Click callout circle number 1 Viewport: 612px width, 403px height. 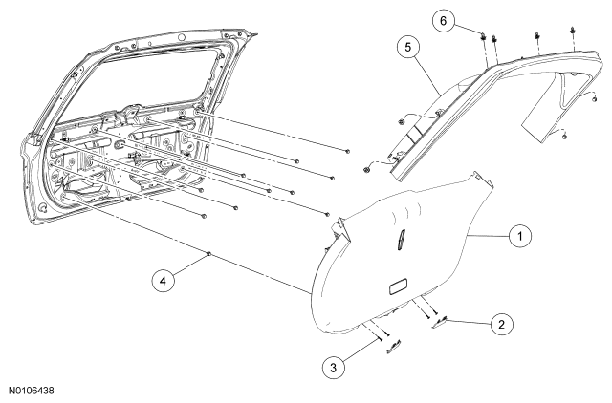coord(520,236)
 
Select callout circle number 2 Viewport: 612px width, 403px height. coord(501,325)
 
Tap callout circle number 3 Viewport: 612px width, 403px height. coord(334,367)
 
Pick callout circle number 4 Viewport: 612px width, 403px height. coord(164,280)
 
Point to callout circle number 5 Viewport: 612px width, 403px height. coord(408,47)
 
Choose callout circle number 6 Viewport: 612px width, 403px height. coord(444,20)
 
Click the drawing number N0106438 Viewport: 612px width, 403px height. coord(32,391)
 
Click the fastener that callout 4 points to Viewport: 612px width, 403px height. coord(208,254)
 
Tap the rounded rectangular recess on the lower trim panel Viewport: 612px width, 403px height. coord(399,286)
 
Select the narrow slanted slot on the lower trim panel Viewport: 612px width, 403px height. coord(401,239)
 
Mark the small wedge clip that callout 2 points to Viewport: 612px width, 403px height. coord(439,323)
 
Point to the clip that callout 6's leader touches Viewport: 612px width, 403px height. coord(483,36)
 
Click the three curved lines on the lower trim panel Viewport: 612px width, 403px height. coord(406,212)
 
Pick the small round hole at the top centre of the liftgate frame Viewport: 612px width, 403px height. coord(181,37)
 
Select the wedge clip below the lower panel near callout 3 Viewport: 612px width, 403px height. coord(394,347)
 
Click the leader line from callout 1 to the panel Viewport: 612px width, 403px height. coord(488,236)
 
